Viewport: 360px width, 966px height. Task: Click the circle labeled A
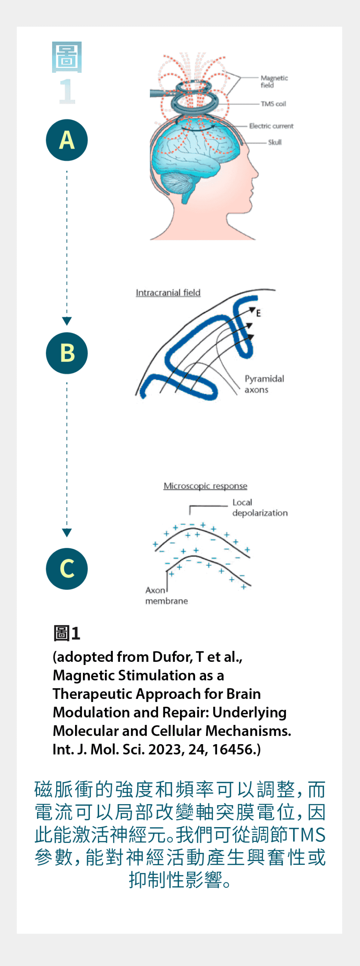(67, 140)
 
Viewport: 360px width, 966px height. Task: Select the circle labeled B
(67, 353)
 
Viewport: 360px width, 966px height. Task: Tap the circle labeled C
(67, 569)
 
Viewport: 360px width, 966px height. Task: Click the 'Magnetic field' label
(274, 81)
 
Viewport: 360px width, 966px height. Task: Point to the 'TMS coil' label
(273, 104)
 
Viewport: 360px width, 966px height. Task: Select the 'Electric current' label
(271, 126)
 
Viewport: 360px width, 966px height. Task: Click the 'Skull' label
(275, 142)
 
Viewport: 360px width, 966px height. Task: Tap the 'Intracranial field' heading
(168, 293)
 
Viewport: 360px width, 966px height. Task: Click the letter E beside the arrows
(258, 313)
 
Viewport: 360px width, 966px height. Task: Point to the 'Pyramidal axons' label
(264, 384)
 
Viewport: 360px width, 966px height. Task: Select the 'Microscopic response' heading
(205, 486)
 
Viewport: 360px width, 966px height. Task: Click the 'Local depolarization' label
(260, 508)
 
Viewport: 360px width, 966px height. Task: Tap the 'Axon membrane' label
(166, 595)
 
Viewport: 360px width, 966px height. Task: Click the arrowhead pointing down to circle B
(67, 321)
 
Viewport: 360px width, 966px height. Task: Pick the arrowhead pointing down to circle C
(67, 532)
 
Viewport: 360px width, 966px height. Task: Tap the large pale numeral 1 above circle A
(67, 91)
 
